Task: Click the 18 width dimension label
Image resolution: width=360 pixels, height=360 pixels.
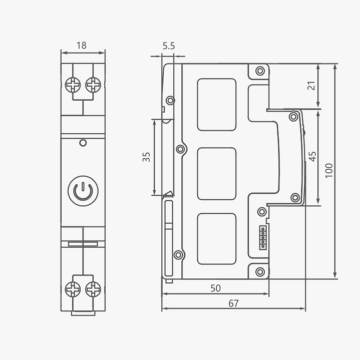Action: click(81, 46)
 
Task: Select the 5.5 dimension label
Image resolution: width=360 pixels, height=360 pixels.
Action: click(169, 46)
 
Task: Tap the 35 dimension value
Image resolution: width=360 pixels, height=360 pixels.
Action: click(146, 157)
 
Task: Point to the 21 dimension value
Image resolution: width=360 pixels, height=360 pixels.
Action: click(311, 86)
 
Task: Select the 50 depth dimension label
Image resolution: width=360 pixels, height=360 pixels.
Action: click(215, 288)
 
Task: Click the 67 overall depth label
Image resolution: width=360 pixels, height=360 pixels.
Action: click(233, 303)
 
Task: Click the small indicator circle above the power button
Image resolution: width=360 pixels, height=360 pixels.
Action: click(83, 143)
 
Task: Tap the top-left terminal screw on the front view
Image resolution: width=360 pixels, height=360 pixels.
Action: click(73, 85)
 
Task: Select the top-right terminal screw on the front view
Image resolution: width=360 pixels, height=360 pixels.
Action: click(93, 85)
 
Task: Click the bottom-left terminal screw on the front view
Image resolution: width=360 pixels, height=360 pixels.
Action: click(73, 289)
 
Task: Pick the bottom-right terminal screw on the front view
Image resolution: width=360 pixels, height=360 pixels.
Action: click(93, 289)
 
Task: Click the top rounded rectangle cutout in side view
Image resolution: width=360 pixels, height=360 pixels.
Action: click(216, 104)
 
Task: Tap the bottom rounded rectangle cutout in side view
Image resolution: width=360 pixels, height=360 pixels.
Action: click(216, 239)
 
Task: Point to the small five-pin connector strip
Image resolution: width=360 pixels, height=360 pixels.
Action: click(262, 237)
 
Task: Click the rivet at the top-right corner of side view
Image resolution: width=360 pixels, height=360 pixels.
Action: click(260, 71)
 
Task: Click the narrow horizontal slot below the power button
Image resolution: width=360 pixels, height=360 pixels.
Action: click(83, 244)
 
